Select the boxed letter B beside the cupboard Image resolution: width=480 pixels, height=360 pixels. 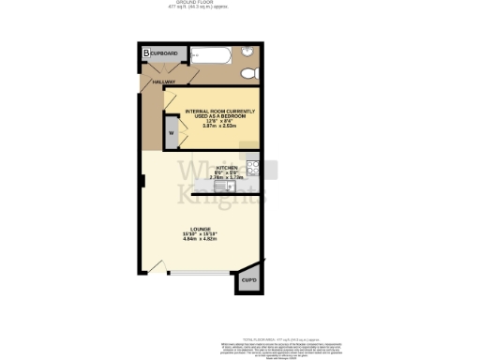(146, 52)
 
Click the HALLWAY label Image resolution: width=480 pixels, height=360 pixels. (165, 82)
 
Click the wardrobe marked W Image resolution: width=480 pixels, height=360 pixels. (172, 134)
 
